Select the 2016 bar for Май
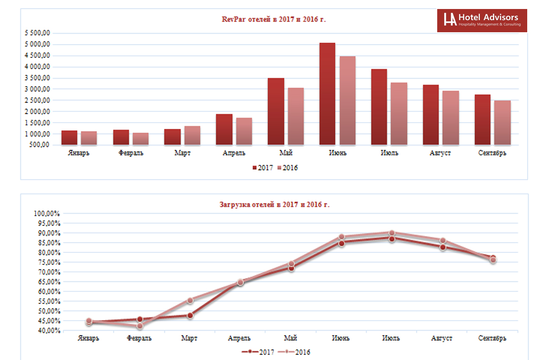(296, 116)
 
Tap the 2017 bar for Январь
(69, 137)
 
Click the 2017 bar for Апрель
(224, 129)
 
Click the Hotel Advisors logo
(482, 20)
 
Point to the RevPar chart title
(274, 19)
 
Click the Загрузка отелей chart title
(274, 205)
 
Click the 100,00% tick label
(47, 214)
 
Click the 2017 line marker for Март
(190, 315)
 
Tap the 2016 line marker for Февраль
(140, 326)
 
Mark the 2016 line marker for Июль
(392, 233)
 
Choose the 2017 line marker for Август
(442, 247)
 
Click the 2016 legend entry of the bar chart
(288, 168)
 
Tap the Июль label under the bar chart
(389, 153)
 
